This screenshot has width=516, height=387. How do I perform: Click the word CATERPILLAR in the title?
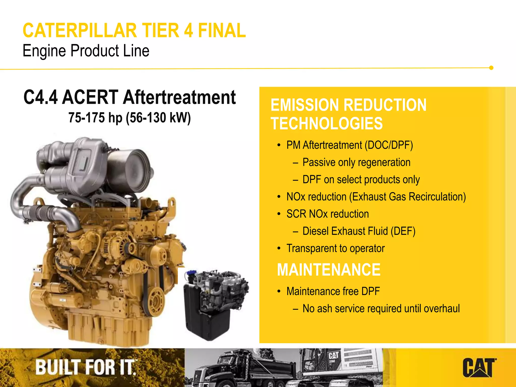80,31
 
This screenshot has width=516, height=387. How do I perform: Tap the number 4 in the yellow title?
189,31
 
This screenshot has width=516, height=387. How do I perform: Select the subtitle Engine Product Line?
86,51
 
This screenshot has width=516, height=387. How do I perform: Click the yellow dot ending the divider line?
491,68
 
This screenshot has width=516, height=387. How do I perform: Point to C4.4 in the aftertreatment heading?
41,97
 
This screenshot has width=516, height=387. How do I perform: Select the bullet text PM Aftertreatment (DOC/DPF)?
349,145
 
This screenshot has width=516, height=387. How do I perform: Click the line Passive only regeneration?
356,163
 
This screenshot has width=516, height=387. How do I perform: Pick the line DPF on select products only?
361,180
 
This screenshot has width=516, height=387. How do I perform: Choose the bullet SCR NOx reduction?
328,214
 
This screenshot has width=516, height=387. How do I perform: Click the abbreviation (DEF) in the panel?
403,231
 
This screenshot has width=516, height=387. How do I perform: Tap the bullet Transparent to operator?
335,248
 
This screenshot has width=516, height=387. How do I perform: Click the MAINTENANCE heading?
329,270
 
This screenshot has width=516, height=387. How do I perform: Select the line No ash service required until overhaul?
381,309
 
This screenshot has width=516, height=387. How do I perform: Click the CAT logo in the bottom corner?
479,368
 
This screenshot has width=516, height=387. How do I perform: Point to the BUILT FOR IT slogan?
86,367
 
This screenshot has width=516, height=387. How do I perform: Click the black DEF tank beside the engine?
202,315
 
